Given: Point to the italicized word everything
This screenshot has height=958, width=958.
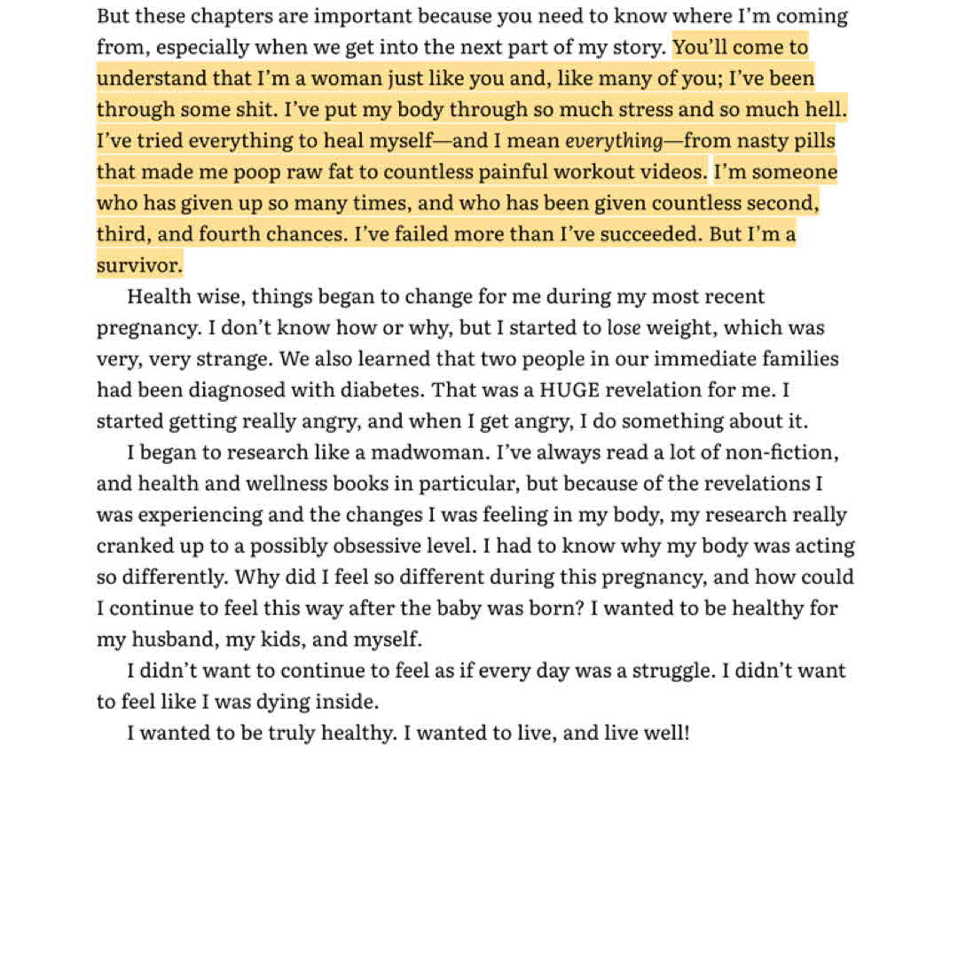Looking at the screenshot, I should pyautogui.click(x=614, y=141).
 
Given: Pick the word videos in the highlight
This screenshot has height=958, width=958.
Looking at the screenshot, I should pyautogui.click(x=676, y=172).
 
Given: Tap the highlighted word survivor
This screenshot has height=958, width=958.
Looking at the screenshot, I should pyautogui.click(x=139, y=265).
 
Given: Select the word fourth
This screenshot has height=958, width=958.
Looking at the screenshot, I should pyautogui.click(x=240, y=234).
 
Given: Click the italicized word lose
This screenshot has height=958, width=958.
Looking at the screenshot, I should pyautogui.click(x=624, y=328).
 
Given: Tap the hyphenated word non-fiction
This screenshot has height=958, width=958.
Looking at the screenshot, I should pyautogui.click(x=781, y=452).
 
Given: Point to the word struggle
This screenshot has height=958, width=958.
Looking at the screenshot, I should pyautogui.click(x=672, y=671).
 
